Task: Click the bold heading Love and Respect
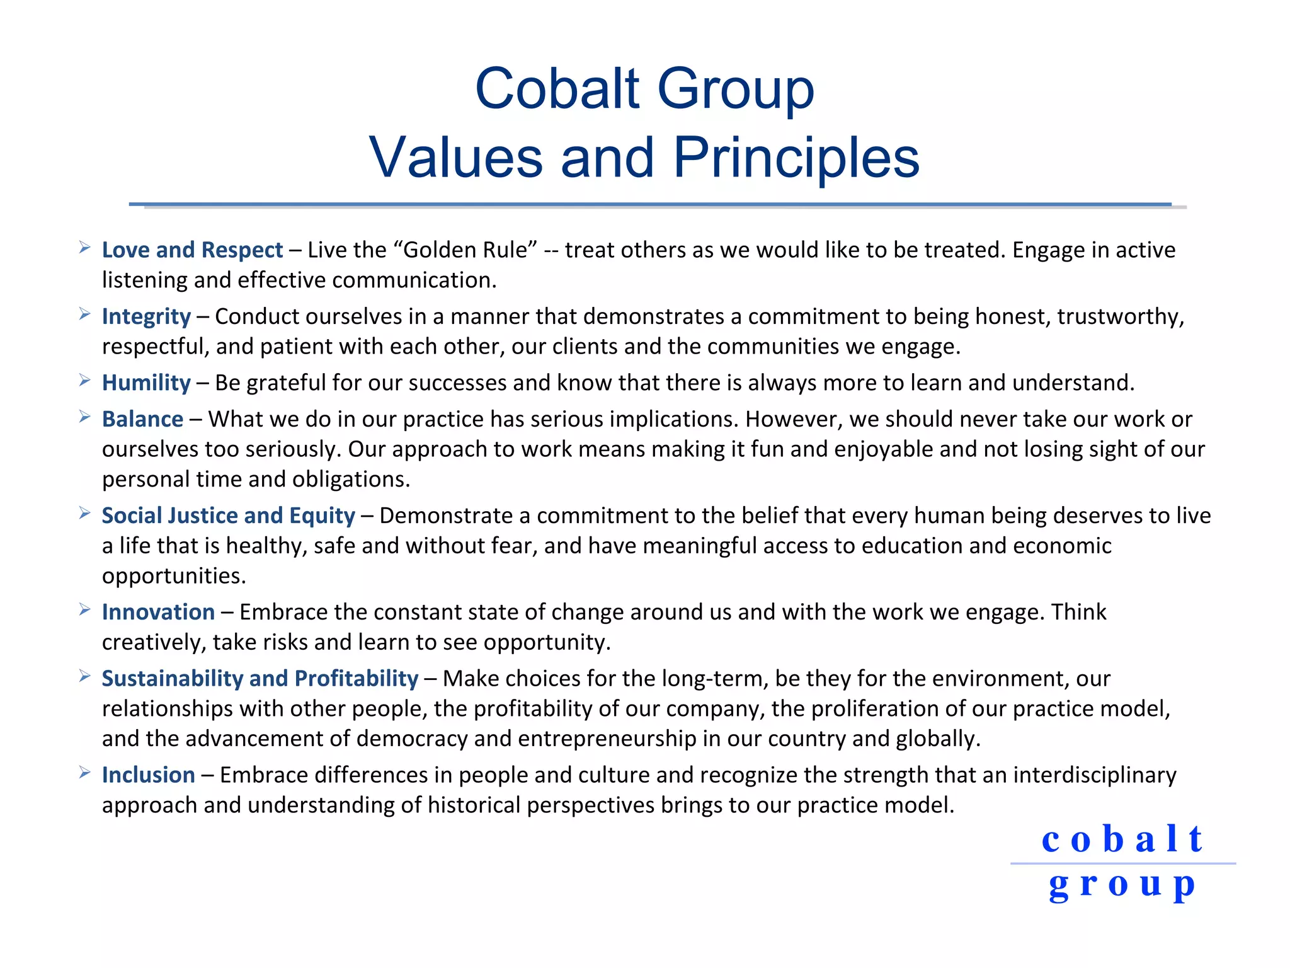192,250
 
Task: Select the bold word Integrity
146,316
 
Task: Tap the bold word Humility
146,383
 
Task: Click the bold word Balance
142,419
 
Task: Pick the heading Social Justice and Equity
228,516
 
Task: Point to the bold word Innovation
158,612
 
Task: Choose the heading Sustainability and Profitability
260,678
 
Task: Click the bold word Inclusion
148,775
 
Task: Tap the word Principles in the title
796,158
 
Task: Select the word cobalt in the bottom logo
1122,839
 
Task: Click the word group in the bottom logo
1122,885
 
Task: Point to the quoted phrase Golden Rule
469,250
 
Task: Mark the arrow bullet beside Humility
84,381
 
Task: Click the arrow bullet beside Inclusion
84,773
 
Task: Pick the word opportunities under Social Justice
173,576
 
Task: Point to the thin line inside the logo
1122,863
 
